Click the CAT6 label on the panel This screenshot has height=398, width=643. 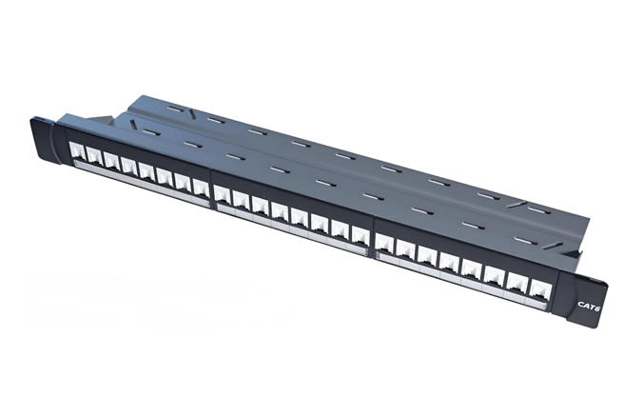[x=589, y=306]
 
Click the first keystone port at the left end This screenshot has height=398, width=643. [x=77, y=150]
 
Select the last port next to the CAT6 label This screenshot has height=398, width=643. [x=540, y=289]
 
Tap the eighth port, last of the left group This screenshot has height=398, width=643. [x=201, y=188]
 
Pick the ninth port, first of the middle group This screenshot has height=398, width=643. [x=223, y=194]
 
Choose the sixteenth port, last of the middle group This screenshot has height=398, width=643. [x=360, y=235]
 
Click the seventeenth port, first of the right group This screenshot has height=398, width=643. [x=384, y=243]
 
